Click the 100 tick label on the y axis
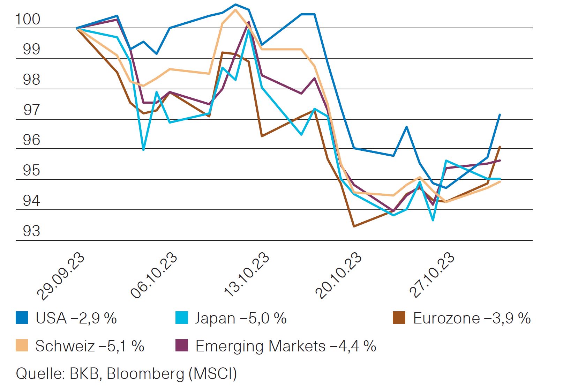(28, 19)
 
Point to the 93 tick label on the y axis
(31, 231)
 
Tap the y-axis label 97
(31, 110)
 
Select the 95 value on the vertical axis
(31, 171)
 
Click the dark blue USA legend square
(22, 318)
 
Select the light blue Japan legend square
(182, 318)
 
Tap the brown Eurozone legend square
(399, 318)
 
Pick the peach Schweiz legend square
(22, 345)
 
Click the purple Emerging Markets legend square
(182, 345)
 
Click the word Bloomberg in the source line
(145, 374)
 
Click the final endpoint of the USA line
(500, 114)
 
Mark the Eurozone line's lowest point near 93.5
(354, 226)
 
